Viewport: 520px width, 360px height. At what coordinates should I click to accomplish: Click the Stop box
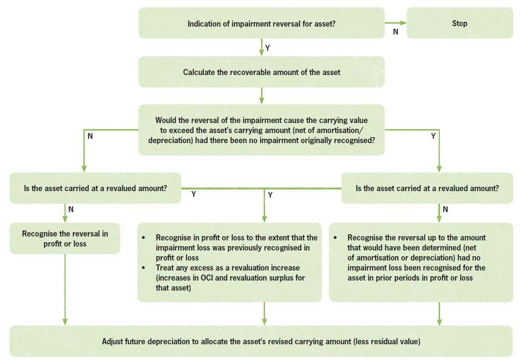(x=459, y=23)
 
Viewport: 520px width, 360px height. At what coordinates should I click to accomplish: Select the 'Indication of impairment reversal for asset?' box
(x=261, y=23)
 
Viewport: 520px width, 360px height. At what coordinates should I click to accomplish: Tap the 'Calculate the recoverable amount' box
(x=261, y=72)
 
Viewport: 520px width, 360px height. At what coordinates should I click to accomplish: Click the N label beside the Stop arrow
(x=396, y=32)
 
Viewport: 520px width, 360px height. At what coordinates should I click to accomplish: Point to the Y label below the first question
(x=268, y=48)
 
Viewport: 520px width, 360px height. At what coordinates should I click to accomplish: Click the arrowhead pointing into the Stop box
(x=403, y=23)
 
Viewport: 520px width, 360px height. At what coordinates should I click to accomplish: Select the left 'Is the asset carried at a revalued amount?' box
(x=95, y=188)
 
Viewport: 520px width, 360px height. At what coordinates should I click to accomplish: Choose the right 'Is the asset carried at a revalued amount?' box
(x=427, y=188)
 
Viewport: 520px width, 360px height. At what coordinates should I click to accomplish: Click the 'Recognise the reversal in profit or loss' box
(x=65, y=239)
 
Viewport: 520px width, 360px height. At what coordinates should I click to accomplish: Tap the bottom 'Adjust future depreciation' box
(x=261, y=342)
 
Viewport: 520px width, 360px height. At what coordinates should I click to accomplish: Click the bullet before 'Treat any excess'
(x=144, y=267)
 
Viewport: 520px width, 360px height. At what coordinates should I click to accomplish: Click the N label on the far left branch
(x=90, y=136)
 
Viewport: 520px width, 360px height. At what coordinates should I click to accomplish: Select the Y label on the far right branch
(x=433, y=136)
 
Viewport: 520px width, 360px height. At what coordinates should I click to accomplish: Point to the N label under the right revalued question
(x=445, y=209)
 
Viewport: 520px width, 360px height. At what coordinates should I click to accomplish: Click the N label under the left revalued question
(x=71, y=209)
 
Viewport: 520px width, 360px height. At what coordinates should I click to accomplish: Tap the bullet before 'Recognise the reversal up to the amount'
(x=335, y=238)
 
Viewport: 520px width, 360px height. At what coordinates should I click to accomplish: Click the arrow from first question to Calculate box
(x=262, y=47)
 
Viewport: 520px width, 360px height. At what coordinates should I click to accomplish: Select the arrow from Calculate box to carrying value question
(x=262, y=96)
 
